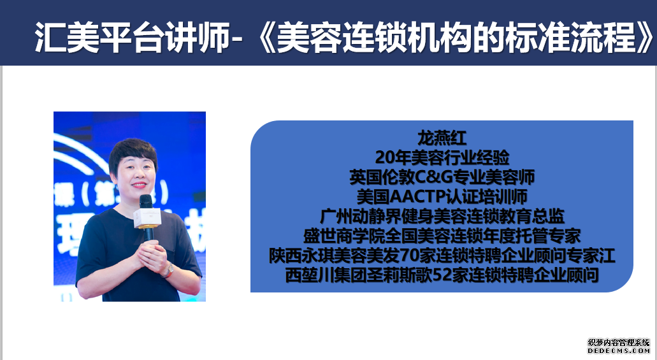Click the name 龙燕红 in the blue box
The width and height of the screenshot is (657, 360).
coord(442,138)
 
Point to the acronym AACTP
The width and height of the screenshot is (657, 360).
coord(417,196)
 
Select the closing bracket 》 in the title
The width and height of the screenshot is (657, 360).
coord(646,37)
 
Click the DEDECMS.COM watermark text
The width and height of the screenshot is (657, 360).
coord(619,350)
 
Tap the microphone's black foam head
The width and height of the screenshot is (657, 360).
coord(145,201)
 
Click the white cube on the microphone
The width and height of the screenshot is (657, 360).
coord(147,218)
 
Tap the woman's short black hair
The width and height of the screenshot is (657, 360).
coord(133,153)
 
